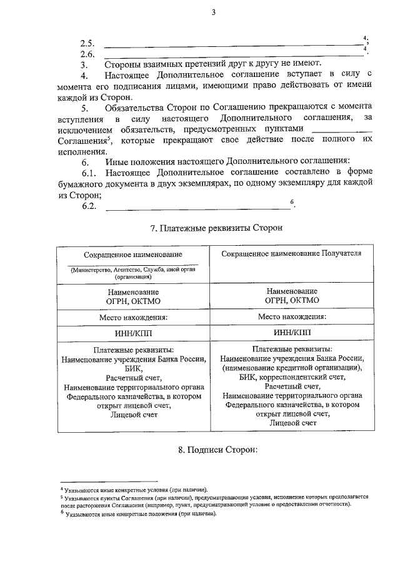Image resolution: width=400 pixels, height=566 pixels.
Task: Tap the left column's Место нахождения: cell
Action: pos(133,317)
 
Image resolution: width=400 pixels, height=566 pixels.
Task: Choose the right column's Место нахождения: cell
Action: pos(292,317)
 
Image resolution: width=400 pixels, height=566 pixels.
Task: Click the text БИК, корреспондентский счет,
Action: pos(292,378)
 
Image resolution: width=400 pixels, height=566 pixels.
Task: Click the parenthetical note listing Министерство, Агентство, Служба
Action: pos(133,273)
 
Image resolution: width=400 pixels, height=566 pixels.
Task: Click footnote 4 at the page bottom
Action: pos(132,489)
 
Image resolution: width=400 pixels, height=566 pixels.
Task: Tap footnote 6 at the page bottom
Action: pos(137,513)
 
